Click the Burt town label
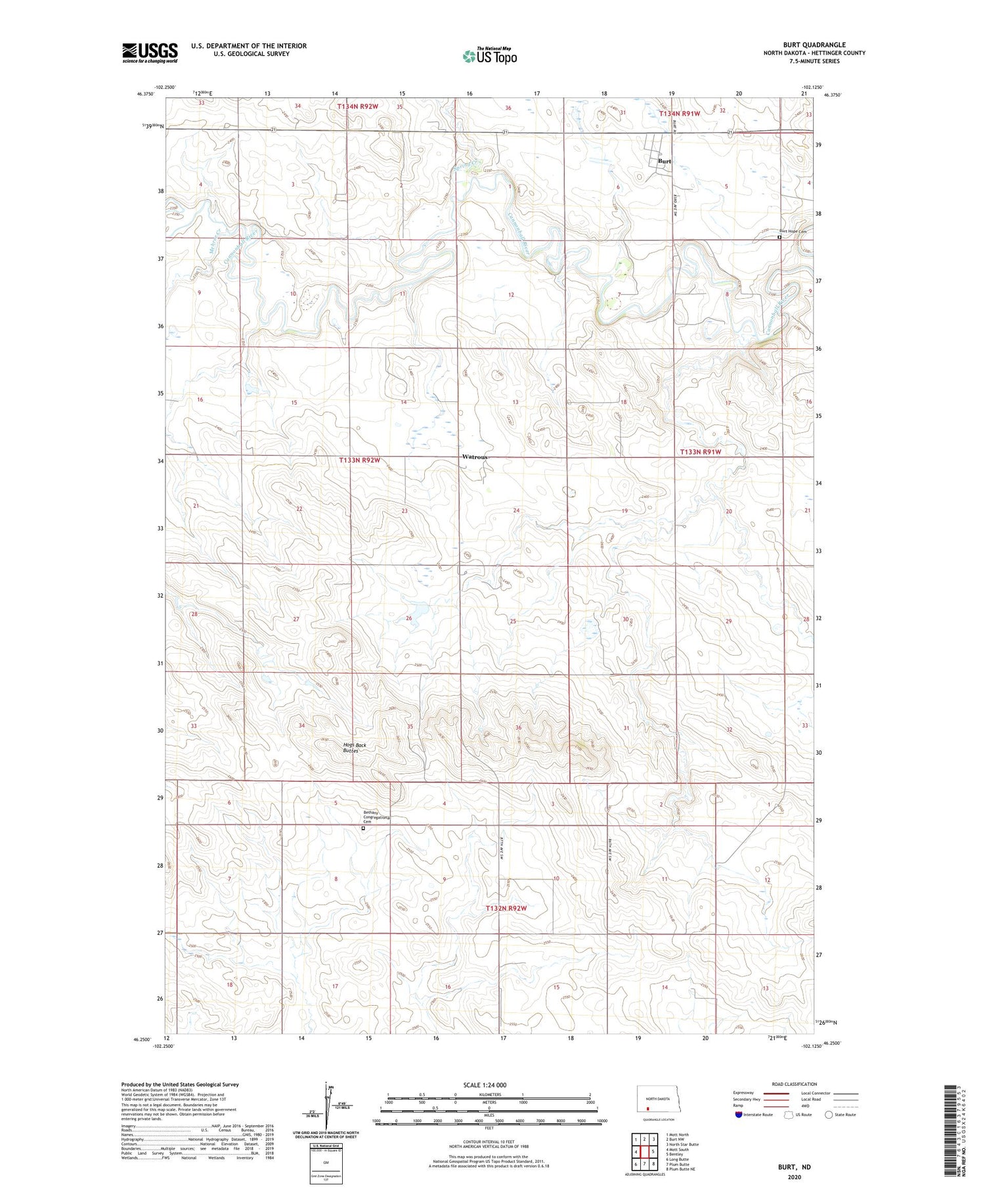point(665,161)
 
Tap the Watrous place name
point(475,457)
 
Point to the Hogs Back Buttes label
point(354,748)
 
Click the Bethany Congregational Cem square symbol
point(363,829)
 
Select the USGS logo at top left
point(149,53)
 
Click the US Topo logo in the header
point(489,56)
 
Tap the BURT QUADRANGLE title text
point(814,45)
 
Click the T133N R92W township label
point(359,461)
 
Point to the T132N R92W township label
point(506,908)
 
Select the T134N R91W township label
point(680,114)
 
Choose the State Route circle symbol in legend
point(829,1115)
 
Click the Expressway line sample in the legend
point(775,1093)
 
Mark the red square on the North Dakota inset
point(647,1106)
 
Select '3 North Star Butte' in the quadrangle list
point(682,1144)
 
